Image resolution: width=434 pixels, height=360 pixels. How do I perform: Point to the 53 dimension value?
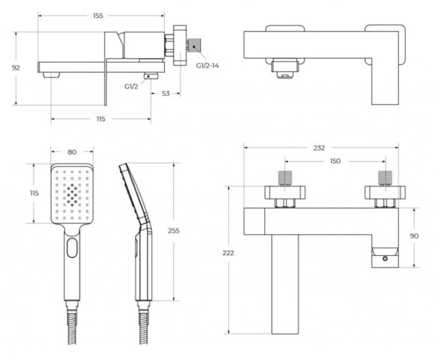[165, 93]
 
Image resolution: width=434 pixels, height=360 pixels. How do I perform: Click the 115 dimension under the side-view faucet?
[101, 119]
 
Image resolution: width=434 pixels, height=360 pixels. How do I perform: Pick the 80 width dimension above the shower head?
[72, 152]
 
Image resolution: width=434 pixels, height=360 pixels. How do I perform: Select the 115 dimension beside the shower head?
[34, 194]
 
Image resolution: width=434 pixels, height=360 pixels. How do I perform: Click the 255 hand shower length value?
[173, 230]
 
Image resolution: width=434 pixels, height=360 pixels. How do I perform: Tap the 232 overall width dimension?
[320, 147]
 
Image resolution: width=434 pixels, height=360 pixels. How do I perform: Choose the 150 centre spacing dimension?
[335, 161]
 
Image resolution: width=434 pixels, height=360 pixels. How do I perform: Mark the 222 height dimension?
[229, 253]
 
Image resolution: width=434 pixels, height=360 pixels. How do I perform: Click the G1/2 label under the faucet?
[131, 86]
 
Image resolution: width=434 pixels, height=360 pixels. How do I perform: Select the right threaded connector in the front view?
[385, 178]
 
